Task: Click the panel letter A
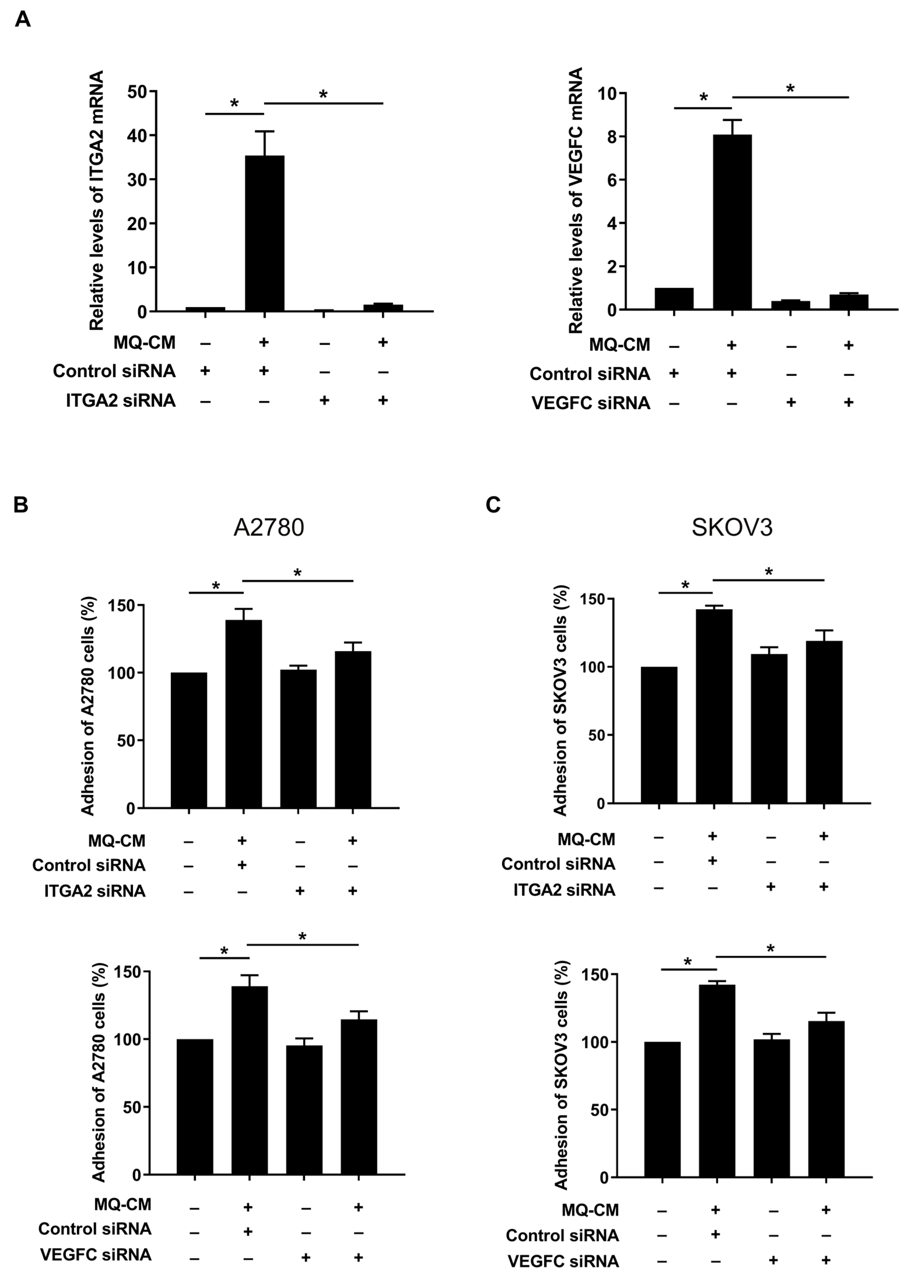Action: click(x=22, y=20)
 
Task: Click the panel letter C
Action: click(x=493, y=505)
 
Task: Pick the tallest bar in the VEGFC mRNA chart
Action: click(x=732, y=222)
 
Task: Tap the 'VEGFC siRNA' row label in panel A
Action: click(x=591, y=403)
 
